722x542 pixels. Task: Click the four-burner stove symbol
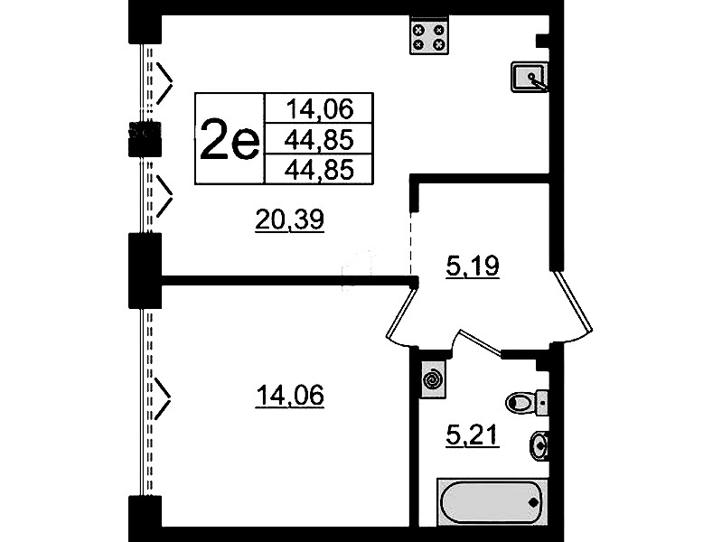429,35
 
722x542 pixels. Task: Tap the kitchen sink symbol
529,78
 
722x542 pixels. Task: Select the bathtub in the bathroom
492,501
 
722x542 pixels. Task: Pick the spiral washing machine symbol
433,379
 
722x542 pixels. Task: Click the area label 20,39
290,220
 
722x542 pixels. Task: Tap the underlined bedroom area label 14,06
290,396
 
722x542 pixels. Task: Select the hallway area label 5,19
473,266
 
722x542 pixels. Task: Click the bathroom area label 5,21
473,435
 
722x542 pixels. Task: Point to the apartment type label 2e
230,138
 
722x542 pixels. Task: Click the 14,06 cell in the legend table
319,108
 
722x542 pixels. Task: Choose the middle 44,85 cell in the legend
319,139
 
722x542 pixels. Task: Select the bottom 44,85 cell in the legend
319,170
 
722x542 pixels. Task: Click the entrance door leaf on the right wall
572,301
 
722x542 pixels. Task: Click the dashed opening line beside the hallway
410,243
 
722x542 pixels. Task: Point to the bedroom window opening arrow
163,398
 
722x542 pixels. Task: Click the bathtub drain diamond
534,502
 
